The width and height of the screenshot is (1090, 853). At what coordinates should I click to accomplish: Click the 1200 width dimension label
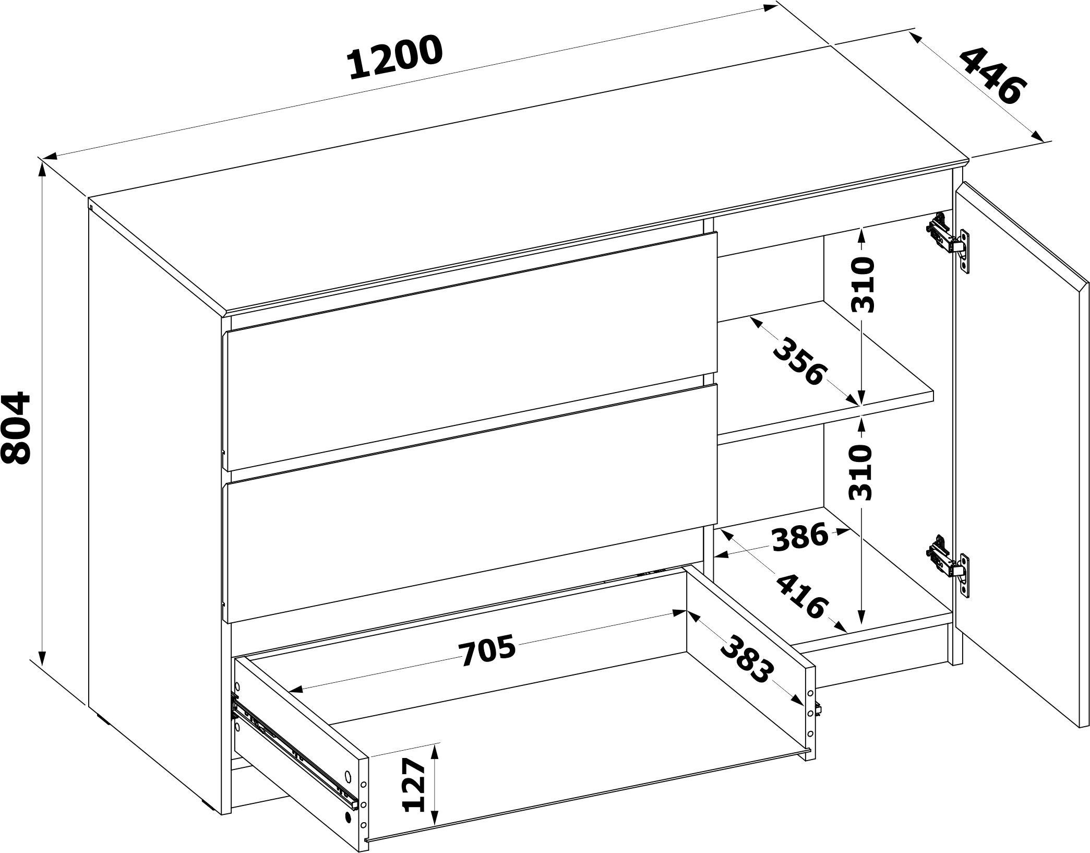coord(395,57)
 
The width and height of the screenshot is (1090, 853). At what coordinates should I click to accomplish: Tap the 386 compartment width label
coord(800,538)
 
